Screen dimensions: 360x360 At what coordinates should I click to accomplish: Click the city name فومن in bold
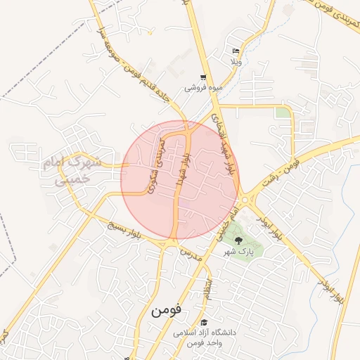pyautogui.click(x=166, y=309)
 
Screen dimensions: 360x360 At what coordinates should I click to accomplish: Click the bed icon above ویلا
pyautogui.click(x=236, y=51)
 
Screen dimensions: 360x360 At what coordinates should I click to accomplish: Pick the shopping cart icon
pyautogui.click(x=203, y=78)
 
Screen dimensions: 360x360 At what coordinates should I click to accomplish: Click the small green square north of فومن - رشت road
pyautogui.click(x=282, y=112)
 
